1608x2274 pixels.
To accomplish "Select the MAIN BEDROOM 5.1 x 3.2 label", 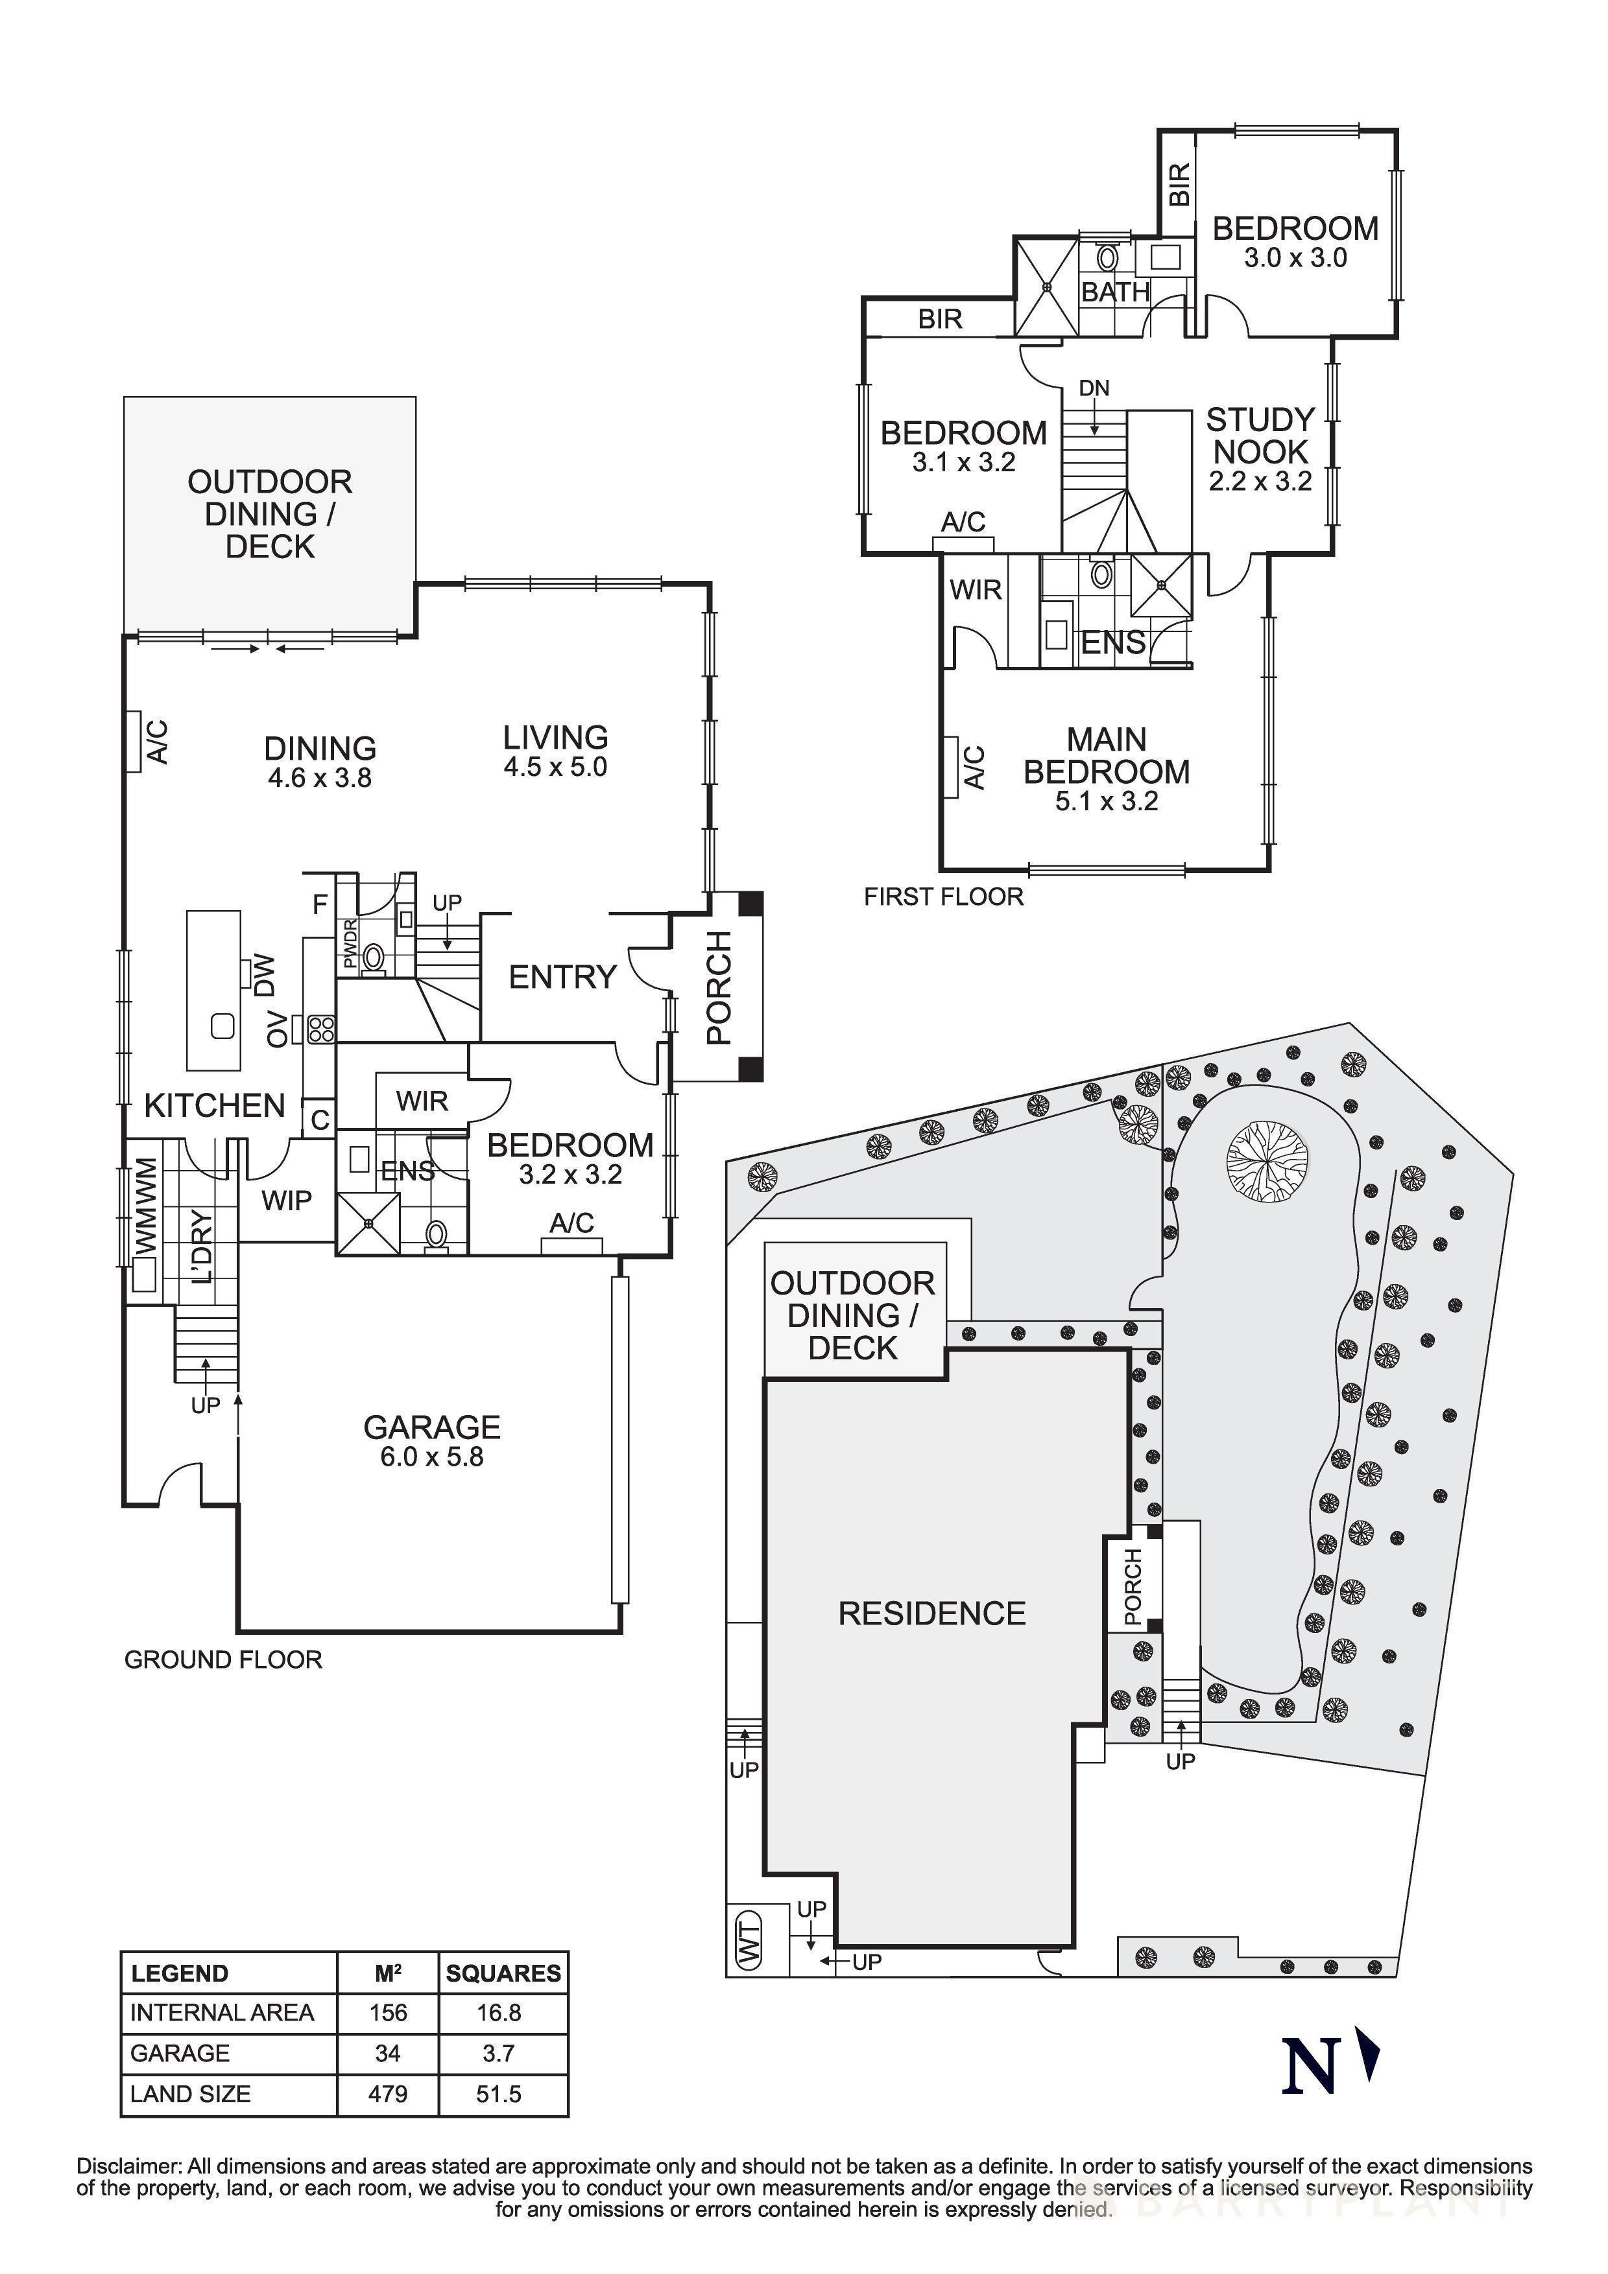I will [1106, 769].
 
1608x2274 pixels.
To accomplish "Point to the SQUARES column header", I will [503, 1973].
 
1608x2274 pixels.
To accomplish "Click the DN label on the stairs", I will [1094, 388].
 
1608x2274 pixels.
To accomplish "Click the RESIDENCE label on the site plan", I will [931, 1613].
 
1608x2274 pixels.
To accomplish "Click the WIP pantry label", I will [286, 1201].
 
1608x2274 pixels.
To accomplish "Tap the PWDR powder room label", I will [350, 944].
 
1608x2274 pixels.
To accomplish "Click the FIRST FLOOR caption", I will [942, 897].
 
